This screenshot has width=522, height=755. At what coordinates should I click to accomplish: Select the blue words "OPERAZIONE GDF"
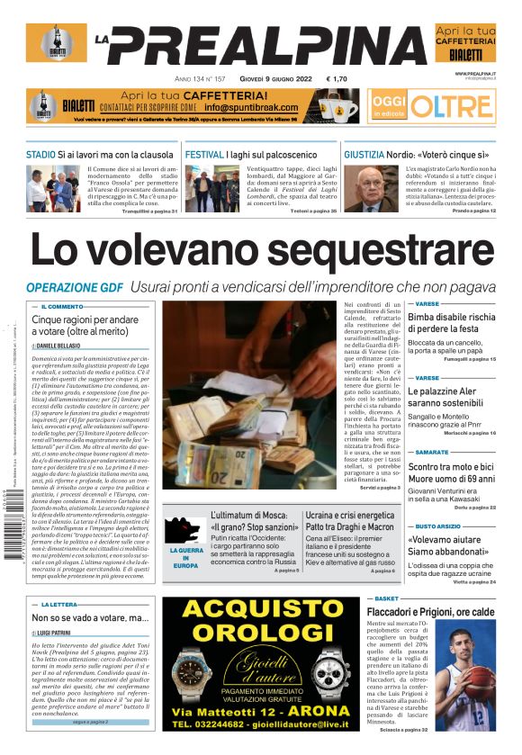pos(76,287)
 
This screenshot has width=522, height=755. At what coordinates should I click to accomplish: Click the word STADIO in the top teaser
pos(40,155)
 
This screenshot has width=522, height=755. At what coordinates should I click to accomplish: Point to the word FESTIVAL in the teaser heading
pos(204,155)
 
